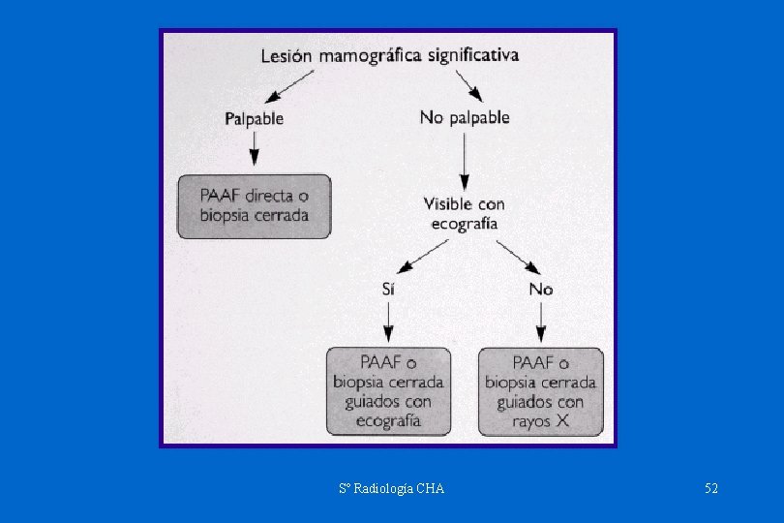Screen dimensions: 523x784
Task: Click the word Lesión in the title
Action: (x=286, y=56)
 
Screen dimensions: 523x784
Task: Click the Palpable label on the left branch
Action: (x=255, y=119)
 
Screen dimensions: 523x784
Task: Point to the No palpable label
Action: (x=465, y=118)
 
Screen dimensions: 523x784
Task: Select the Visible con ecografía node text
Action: (x=465, y=213)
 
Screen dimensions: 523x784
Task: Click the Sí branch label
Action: (x=387, y=289)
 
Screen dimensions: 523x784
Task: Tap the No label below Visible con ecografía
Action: (x=541, y=289)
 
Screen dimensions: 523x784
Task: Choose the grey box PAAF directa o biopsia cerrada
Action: (x=254, y=205)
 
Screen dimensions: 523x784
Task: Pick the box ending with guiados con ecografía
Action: (x=388, y=391)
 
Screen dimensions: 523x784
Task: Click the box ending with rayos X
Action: (x=540, y=391)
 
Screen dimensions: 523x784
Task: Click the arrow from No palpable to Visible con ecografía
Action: (x=465, y=161)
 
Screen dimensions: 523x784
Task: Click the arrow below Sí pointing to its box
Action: (x=387, y=320)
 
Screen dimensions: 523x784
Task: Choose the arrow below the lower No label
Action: (x=541, y=320)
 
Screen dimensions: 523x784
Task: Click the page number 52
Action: (x=711, y=489)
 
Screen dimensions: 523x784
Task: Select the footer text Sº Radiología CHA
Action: (x=392, y=489)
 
